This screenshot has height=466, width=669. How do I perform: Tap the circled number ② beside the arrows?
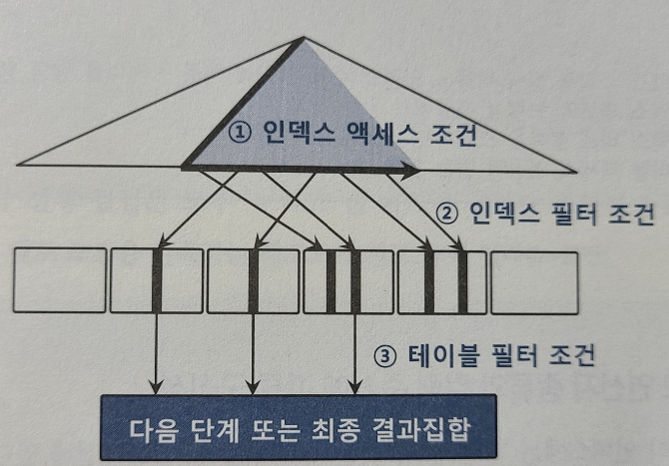(449, 214)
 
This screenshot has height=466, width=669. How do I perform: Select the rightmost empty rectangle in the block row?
(534, 281)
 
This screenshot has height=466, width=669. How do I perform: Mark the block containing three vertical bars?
(333, 281)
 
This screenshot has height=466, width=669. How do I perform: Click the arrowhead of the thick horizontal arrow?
(411, 171)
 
